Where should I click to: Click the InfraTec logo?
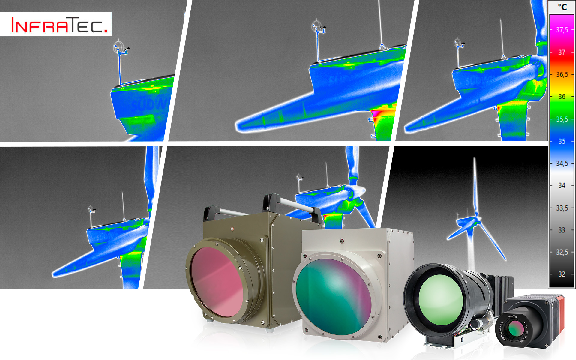[x=59, y=24]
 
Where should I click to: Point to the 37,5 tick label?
[x=562, y=30]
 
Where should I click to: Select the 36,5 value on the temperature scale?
[x=562, y=74]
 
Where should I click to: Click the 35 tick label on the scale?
[x=562, y=141]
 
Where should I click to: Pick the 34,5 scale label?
[x=562, y=163]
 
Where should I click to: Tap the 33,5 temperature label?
[x=562, y=208]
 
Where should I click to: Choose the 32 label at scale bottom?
[x=562, y=274]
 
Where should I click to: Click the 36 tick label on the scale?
[x=562, y=97]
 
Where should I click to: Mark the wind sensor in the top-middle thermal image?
[x=318, y=27]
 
